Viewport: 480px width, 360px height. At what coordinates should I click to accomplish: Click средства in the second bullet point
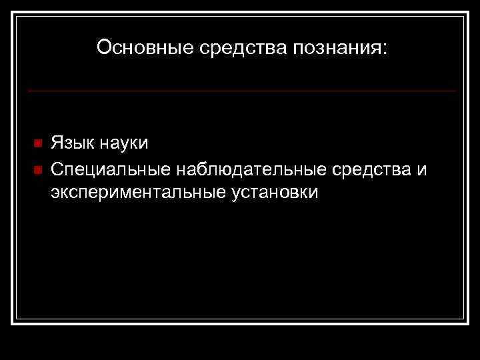(x=371, y=169)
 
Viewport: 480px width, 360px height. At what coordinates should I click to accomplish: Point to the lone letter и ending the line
(x=421, y=170)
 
